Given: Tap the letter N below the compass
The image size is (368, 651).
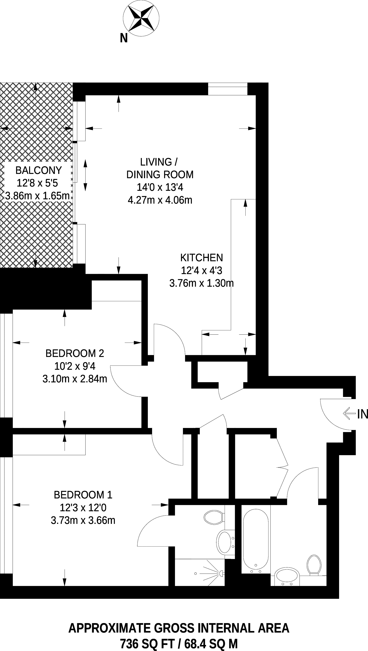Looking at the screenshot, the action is click(x=124, y=38).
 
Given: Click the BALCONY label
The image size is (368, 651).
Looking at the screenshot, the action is click(x=38, y=170).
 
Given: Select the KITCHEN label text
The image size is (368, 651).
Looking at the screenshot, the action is click(x=201, y=258).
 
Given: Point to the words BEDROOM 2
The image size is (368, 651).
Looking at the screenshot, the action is click(x=75, y=353).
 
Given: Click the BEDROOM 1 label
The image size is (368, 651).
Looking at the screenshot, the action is click(x=83, y=495).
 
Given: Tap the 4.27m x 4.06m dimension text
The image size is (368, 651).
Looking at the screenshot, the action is click(x=160, y=200).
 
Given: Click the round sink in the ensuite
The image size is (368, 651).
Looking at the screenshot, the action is click(x=224, y=543).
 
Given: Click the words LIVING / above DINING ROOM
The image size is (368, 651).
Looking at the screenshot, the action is click(x=159, y=162).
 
